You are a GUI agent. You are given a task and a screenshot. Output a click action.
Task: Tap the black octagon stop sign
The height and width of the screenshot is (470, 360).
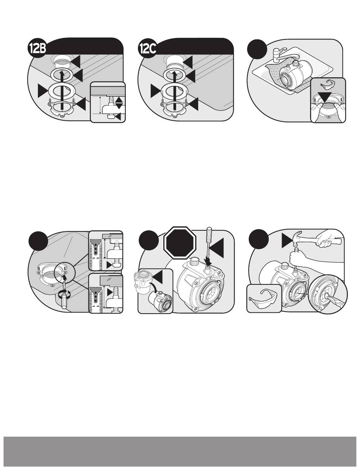point(180,243)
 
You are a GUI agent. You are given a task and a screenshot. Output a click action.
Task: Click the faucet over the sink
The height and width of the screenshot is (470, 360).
point(281,55)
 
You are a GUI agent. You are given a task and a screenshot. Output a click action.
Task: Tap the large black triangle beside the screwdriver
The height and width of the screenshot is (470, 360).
point(217,248)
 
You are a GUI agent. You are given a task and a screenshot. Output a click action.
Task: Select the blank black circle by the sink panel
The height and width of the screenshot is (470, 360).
point(257,49)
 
